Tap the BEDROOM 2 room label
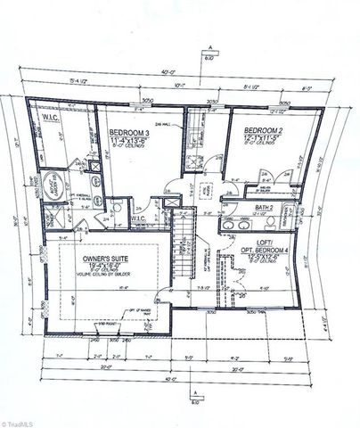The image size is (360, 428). (265, 131)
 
